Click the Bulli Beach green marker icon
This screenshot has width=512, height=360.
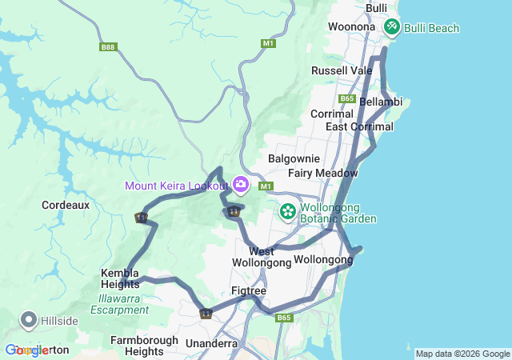[x=391, y=27]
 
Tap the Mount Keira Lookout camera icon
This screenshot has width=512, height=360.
[x=241, y=186]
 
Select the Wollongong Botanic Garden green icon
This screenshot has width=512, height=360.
[x=287, y=212]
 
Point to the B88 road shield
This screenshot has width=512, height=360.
[x=108, y=47]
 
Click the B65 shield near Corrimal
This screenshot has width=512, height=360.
[x=346, y=98]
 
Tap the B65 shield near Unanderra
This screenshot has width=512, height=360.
[x=285, y=318]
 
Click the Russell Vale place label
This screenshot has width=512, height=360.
[x=342, y=70]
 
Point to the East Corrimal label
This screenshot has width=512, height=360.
[x=359, y=126]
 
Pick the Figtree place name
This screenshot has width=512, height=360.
[x=248, y=290]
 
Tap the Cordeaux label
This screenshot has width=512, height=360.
[x=66, y=205]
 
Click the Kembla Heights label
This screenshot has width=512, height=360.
[x=120, y=278]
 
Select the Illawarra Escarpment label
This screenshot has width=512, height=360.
[x=121, y=305]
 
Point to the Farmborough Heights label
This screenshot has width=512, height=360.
[x=145, y=346]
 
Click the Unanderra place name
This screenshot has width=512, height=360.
[x=211, y=343]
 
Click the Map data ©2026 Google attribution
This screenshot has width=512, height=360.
[x=462, y=354]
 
